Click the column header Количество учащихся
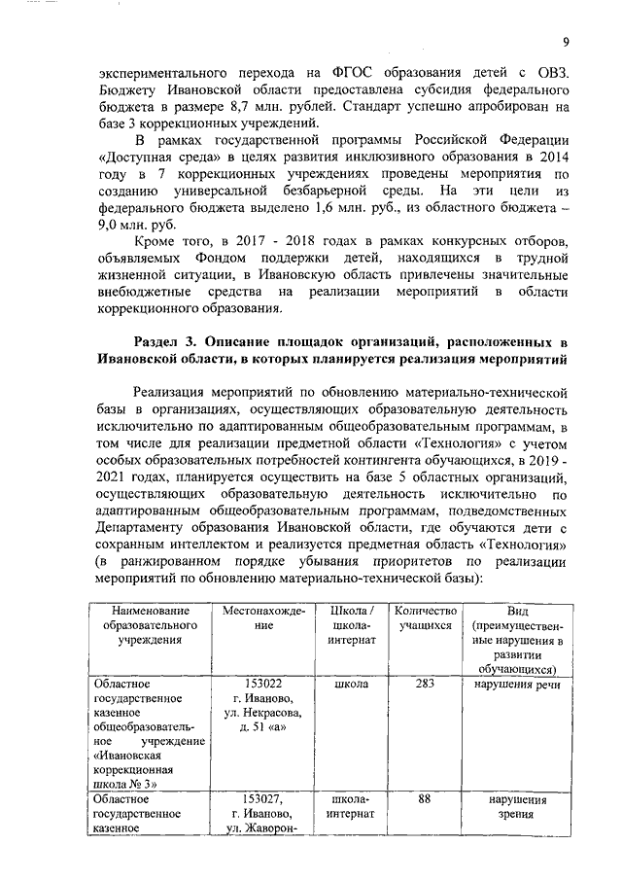pos(424,616)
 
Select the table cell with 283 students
pos(424,684)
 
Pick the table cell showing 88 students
pos(424,798)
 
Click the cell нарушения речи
pos(519,684)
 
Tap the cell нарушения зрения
pos(519,806)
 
